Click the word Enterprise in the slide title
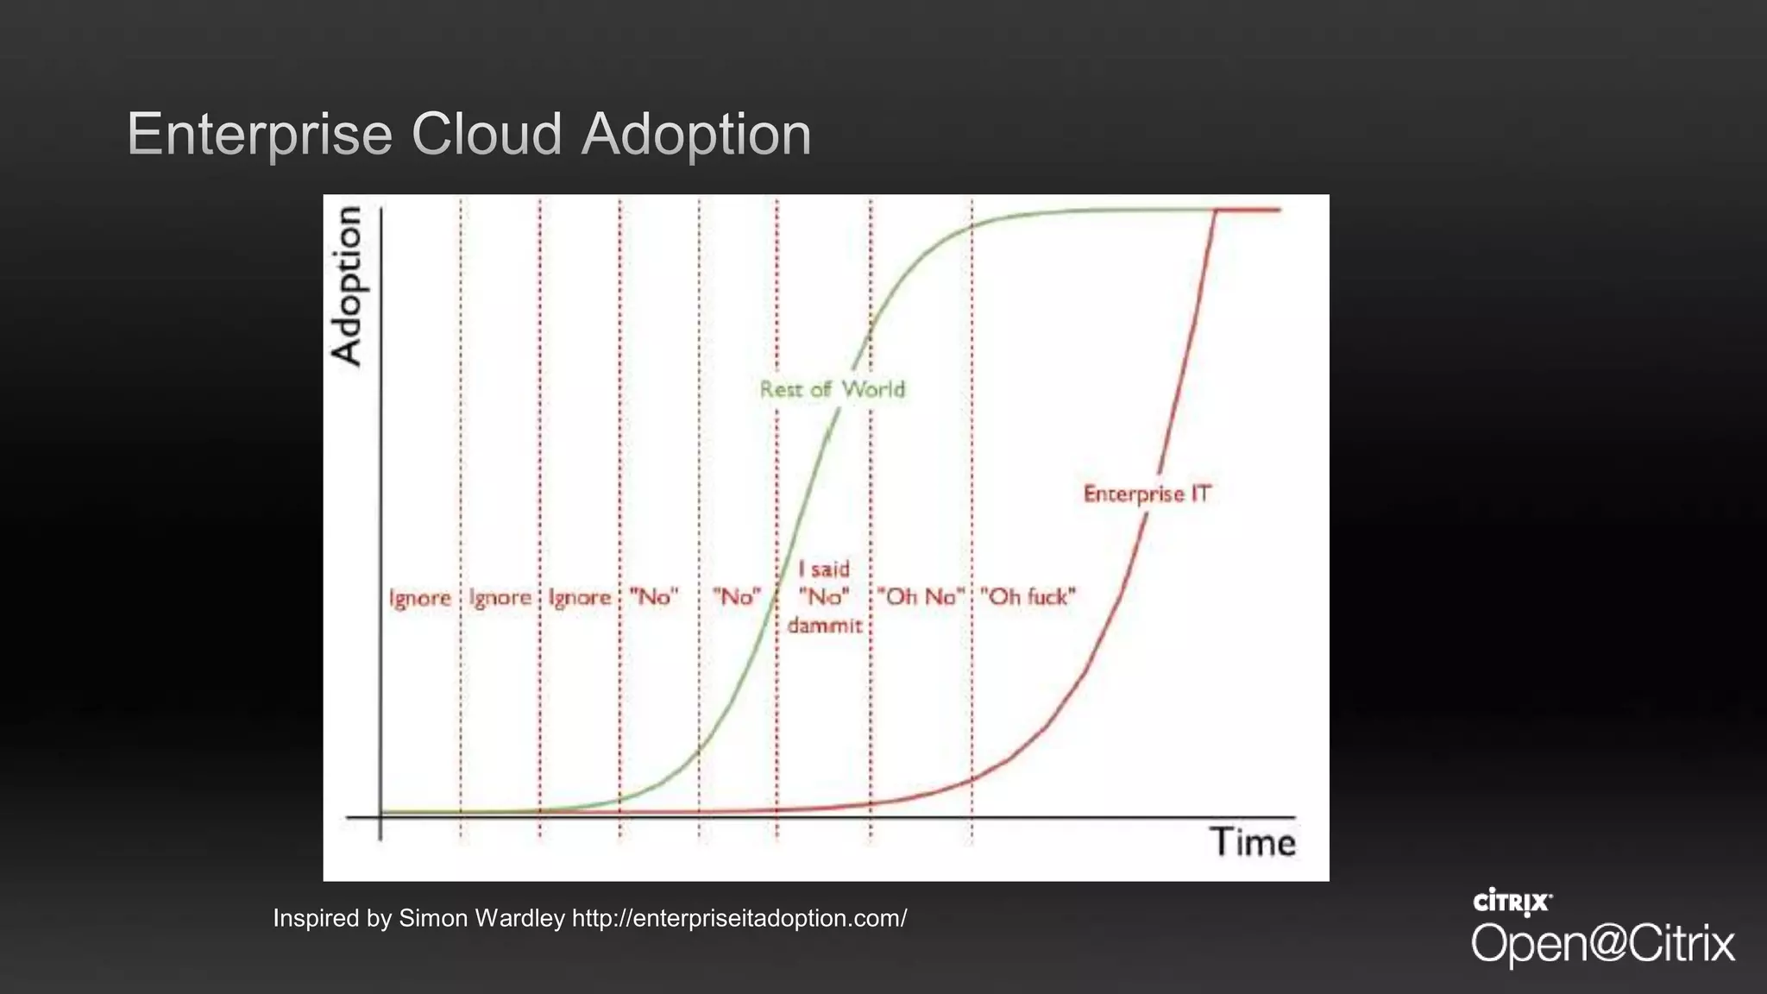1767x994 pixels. tap(260, 135)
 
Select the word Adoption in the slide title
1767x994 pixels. tap(696, 135)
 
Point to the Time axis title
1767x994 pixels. tap(1252, 842)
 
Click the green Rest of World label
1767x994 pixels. tap(832, 389)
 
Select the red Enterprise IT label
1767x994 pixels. tap(1147, 494)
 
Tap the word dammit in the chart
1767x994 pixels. tap(825, 625)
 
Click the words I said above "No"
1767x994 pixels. tap(824, 569)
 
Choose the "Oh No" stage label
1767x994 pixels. tap(921, 597)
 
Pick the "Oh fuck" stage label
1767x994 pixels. tap(1028, 597)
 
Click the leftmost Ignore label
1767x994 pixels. tap(420, 598)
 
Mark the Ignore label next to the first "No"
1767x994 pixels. tap(580, 598)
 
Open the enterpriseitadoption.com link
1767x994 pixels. tap(739, 918)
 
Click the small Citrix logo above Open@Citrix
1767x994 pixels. tap(1512, 902)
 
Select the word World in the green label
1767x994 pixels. tap(874, 389)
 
